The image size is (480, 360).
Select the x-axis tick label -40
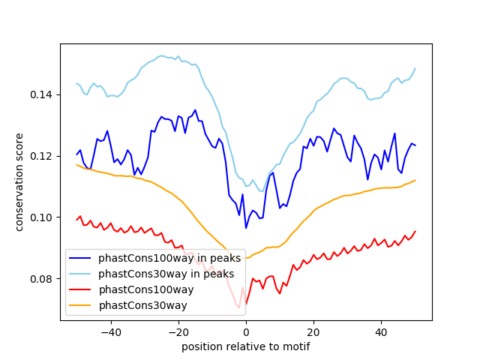click(x=110, y=331)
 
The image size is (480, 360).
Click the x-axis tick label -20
click(x=178, y=331)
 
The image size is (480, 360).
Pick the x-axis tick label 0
click(x=246, y=331)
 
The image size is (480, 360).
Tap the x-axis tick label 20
click(x=313, y=331)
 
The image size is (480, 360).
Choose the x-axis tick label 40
click(x=381, y=331)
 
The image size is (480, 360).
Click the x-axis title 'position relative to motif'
click(x=245, y=346)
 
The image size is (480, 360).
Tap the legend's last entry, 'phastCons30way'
click(x=142, y=305)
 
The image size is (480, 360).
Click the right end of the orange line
click(x=415, y=180)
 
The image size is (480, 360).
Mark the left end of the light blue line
click(x=76, y=83)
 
